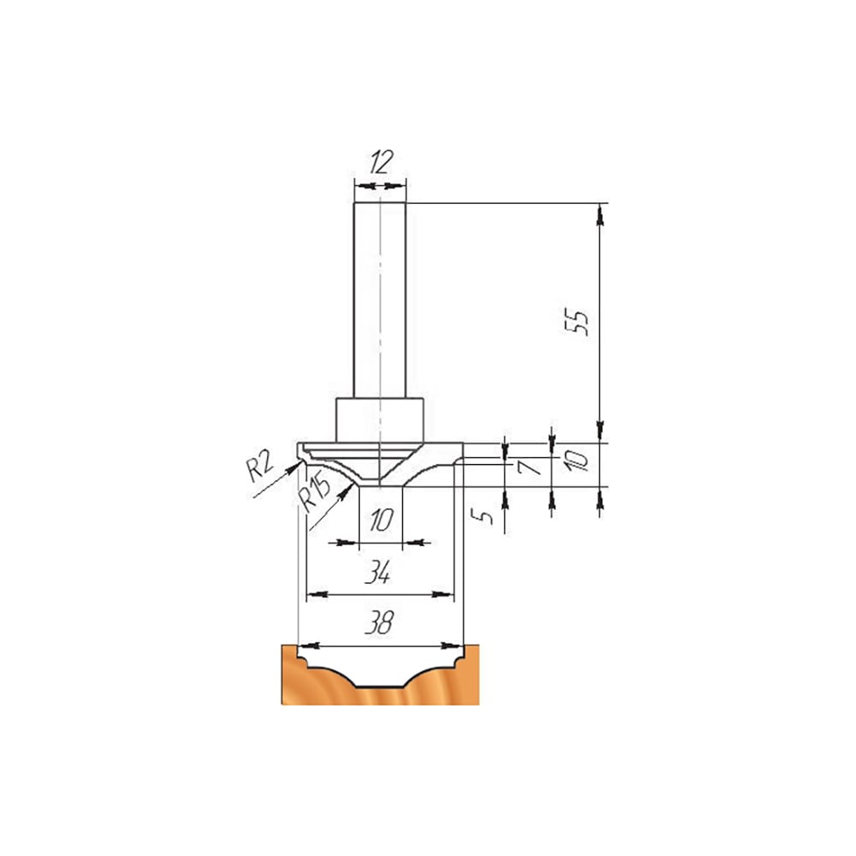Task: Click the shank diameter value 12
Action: click(381, 162)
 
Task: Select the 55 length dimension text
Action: click(576, 322)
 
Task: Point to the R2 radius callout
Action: click(259, 467)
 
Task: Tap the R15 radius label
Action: click(315, 492)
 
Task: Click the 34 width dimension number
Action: click(377, 572)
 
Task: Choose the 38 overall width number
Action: click(379, 621)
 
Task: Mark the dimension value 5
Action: click(484, 514)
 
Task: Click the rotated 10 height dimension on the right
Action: click(576, 461)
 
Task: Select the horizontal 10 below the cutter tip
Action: click(381, 520)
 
